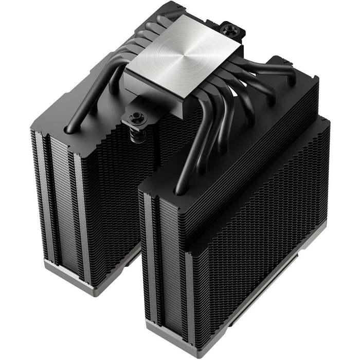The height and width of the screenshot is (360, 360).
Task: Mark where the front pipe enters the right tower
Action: [179, 190]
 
